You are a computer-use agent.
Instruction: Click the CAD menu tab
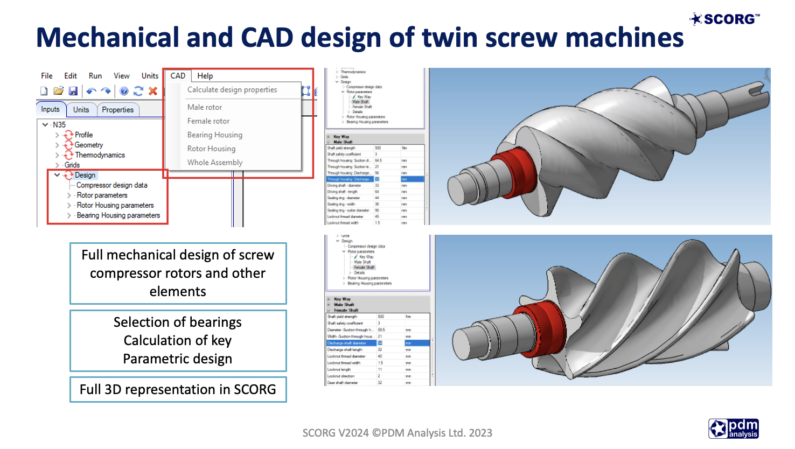tap(178, 76)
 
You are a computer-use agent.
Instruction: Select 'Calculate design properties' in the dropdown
tap(232, 90)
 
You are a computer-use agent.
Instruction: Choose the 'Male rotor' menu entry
tap(205, 107)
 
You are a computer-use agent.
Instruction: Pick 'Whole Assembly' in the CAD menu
tap(215, 163)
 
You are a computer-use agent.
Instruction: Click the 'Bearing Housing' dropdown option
tap(215, 135)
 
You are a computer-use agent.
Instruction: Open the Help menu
tap(205, 76)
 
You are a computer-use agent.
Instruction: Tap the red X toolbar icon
tap(153, 92)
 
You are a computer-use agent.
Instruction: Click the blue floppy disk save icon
tap(73, 92)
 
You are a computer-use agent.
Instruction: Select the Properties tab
tap(117, 110)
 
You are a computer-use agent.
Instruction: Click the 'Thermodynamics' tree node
tap(100, 155)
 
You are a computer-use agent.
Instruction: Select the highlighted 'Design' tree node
tap(85, 175)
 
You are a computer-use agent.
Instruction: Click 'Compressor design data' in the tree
tap(111, 185)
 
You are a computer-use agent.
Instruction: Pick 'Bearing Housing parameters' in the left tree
tap(118, 215)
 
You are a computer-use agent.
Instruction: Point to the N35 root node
tap(59, 124)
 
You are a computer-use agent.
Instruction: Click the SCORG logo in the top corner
tap(725, 19)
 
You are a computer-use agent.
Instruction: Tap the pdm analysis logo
tap(734, 429)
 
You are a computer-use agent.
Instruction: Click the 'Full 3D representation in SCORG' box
tap(178, 390)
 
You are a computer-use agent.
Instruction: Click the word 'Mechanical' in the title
tap(107, 38)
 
